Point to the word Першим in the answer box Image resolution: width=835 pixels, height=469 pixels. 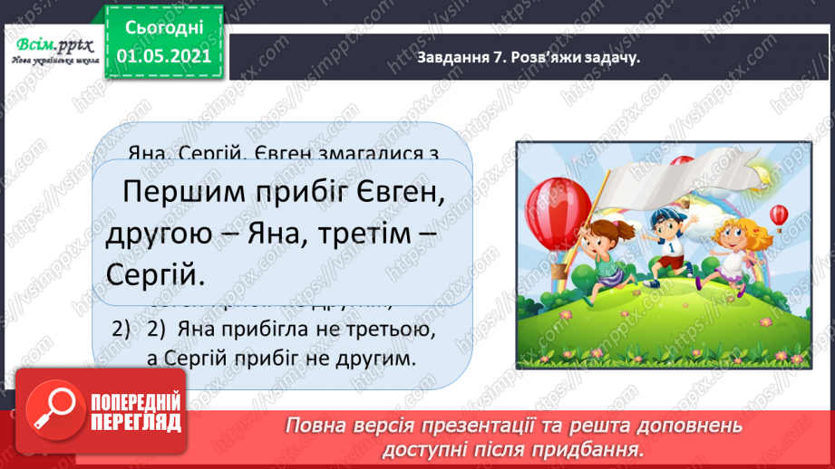coord(180,192)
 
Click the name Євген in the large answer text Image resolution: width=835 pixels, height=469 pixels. coord(394,192)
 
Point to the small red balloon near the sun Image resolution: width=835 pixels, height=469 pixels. coord(779,215)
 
